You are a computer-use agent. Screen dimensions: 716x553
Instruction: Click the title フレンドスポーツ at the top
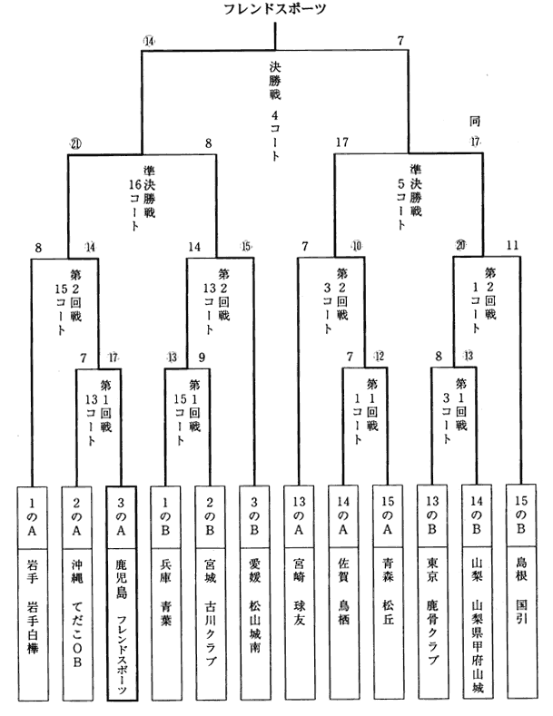click(275, 10)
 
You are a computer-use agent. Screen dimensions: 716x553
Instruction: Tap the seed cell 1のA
click(33, 515)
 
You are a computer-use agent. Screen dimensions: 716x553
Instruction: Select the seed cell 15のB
click(522, 515)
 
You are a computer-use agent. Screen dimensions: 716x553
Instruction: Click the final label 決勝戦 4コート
click(275, 109)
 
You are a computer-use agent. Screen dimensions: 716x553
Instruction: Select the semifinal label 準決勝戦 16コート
click(148, 201)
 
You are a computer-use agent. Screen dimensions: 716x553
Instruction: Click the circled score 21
click(76, 142)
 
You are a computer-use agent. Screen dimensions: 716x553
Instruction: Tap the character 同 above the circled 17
click(473, 121)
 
